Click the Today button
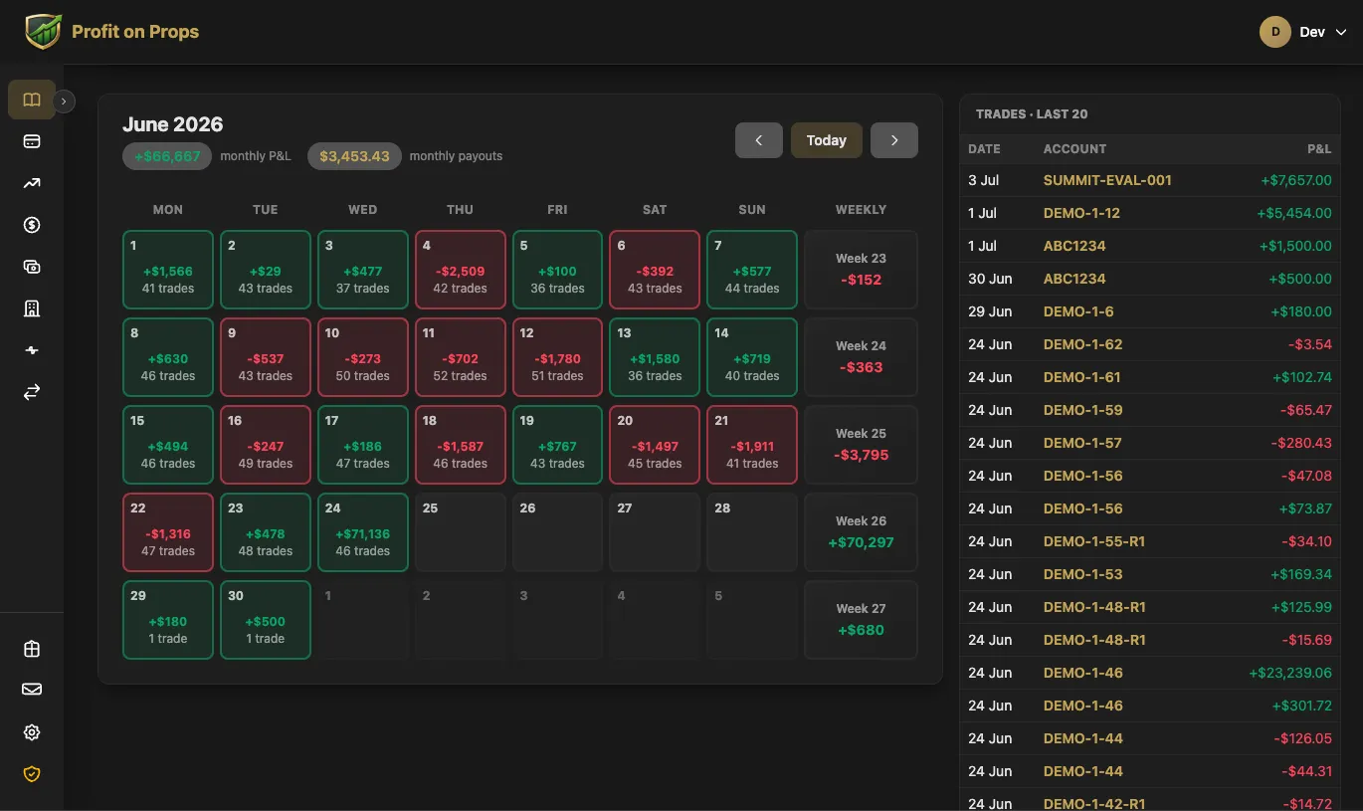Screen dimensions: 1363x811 tap(826, 140)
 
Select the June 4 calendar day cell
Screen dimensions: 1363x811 tap(460, 270)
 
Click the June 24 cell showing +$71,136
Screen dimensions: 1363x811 tap(363, 532)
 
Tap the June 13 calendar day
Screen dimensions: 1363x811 tap(654, 357)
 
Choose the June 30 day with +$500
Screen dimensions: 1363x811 tap(266, 620)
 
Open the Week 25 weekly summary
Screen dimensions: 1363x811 tap(861, 445)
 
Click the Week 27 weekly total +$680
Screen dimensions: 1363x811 tap(861, 630)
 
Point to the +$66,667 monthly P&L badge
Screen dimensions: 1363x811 tap(167, 156)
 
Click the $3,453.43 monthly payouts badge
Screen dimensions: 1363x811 tap(354, 156)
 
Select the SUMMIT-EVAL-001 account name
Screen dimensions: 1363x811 tap(1107, 181)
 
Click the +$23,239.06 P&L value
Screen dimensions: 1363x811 tap(1290, 673)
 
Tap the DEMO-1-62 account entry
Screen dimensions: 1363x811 tap(1082, 344)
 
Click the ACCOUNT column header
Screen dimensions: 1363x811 tap(1074, 149)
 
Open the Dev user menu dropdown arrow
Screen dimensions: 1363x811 tap(1340, 32)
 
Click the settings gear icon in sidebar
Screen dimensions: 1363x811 tap(32, 732)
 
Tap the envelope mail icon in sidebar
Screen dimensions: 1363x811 tap(32, 690)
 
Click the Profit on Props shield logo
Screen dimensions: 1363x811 tap(43, 31)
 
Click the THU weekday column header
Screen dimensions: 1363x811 tap(460, 210)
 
